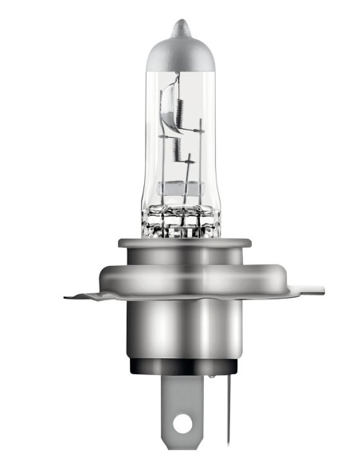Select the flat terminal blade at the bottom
pyautogui.click(x=182, y=406)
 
